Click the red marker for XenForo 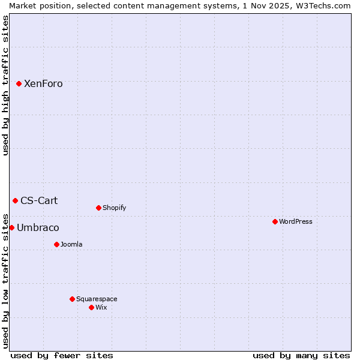[19, 83]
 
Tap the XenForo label [43, 84]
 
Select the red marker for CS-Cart [15, 200]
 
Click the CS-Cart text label [39, 201]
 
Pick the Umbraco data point [11, 227]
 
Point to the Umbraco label [38, 228]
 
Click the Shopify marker [98, 208]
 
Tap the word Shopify [114, 208]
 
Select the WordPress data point [275, 221]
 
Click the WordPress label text [296, 222]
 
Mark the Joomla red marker [56, 244]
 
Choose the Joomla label [71, 245]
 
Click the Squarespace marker [72, 299]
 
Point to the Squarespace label [97, 299]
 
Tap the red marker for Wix [91, 307]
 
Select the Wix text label [101, 308]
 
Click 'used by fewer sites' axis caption [62, 355]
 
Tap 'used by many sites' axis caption [301, 355]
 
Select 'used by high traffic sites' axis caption [5, 85]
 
